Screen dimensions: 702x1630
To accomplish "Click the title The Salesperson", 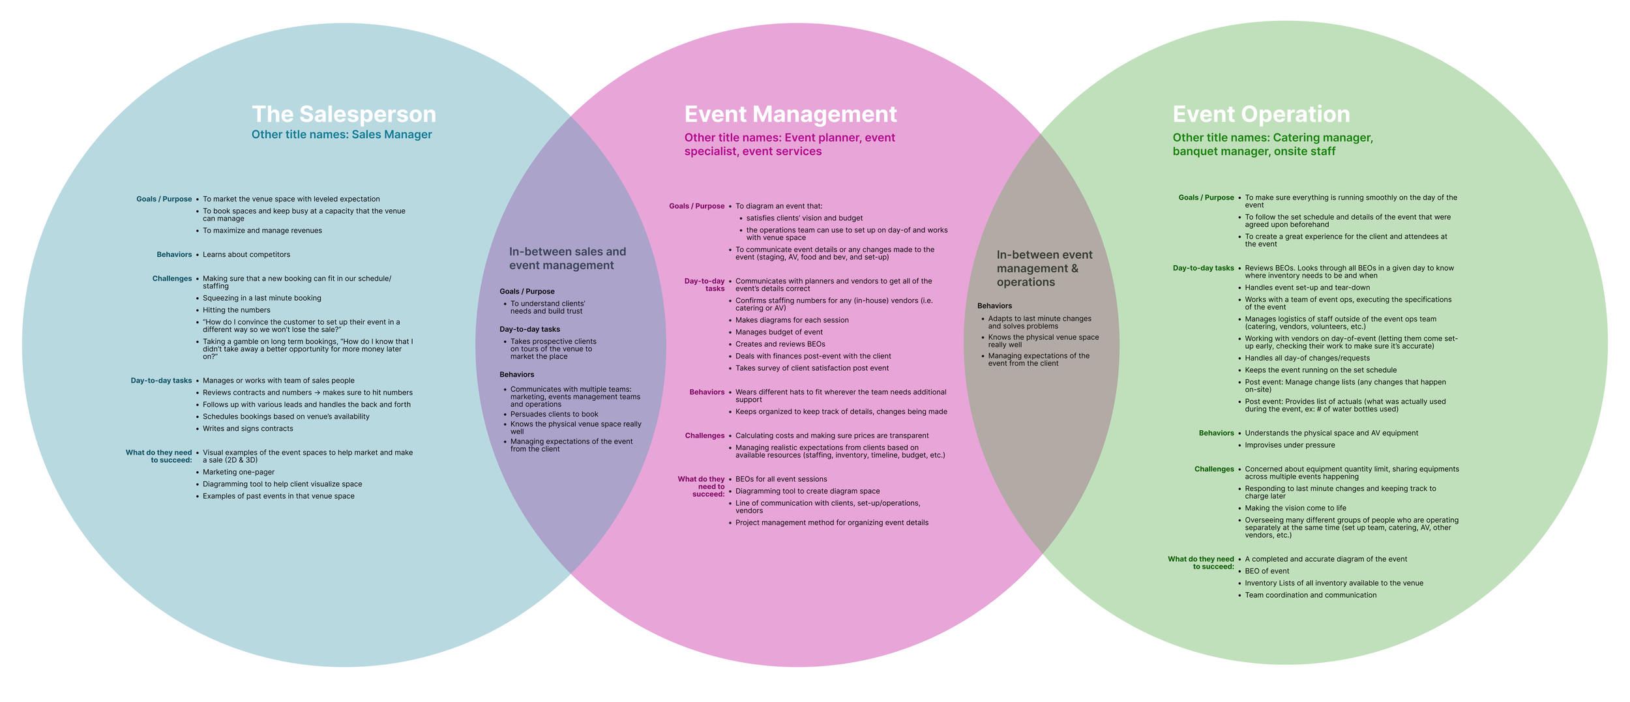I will tap(344, 114).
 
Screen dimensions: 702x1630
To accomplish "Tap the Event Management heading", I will tap(790, 114).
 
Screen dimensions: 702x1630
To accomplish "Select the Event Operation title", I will tap(1261, 114).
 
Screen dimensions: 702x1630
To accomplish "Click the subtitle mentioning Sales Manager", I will tap(342, 135).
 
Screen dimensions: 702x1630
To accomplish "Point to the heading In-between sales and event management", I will tap(567, 259).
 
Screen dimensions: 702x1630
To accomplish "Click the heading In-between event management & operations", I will tap(1044, 269).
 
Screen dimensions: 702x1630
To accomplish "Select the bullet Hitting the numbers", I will tap(236, 310).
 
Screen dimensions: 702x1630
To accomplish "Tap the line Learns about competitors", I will tap(246, 255).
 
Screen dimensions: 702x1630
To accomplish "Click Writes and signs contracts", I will tap(248, 429).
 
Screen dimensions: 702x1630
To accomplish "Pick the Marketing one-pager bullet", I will tap(239, 472).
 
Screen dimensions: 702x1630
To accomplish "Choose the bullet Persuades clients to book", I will tap(554, 414).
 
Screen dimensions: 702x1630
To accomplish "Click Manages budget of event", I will tap(779, 332).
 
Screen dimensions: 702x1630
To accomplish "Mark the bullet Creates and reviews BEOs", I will tap(780, 344).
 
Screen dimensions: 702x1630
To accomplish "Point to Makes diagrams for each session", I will tap(792, 320).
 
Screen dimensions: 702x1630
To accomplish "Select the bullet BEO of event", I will tap(1267, 571).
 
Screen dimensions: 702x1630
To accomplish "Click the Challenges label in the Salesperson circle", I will tap(172, 279).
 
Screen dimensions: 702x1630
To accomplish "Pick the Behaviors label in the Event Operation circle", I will tap(1216, 433).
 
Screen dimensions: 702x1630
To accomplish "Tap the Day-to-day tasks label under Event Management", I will tap(704, 285).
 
